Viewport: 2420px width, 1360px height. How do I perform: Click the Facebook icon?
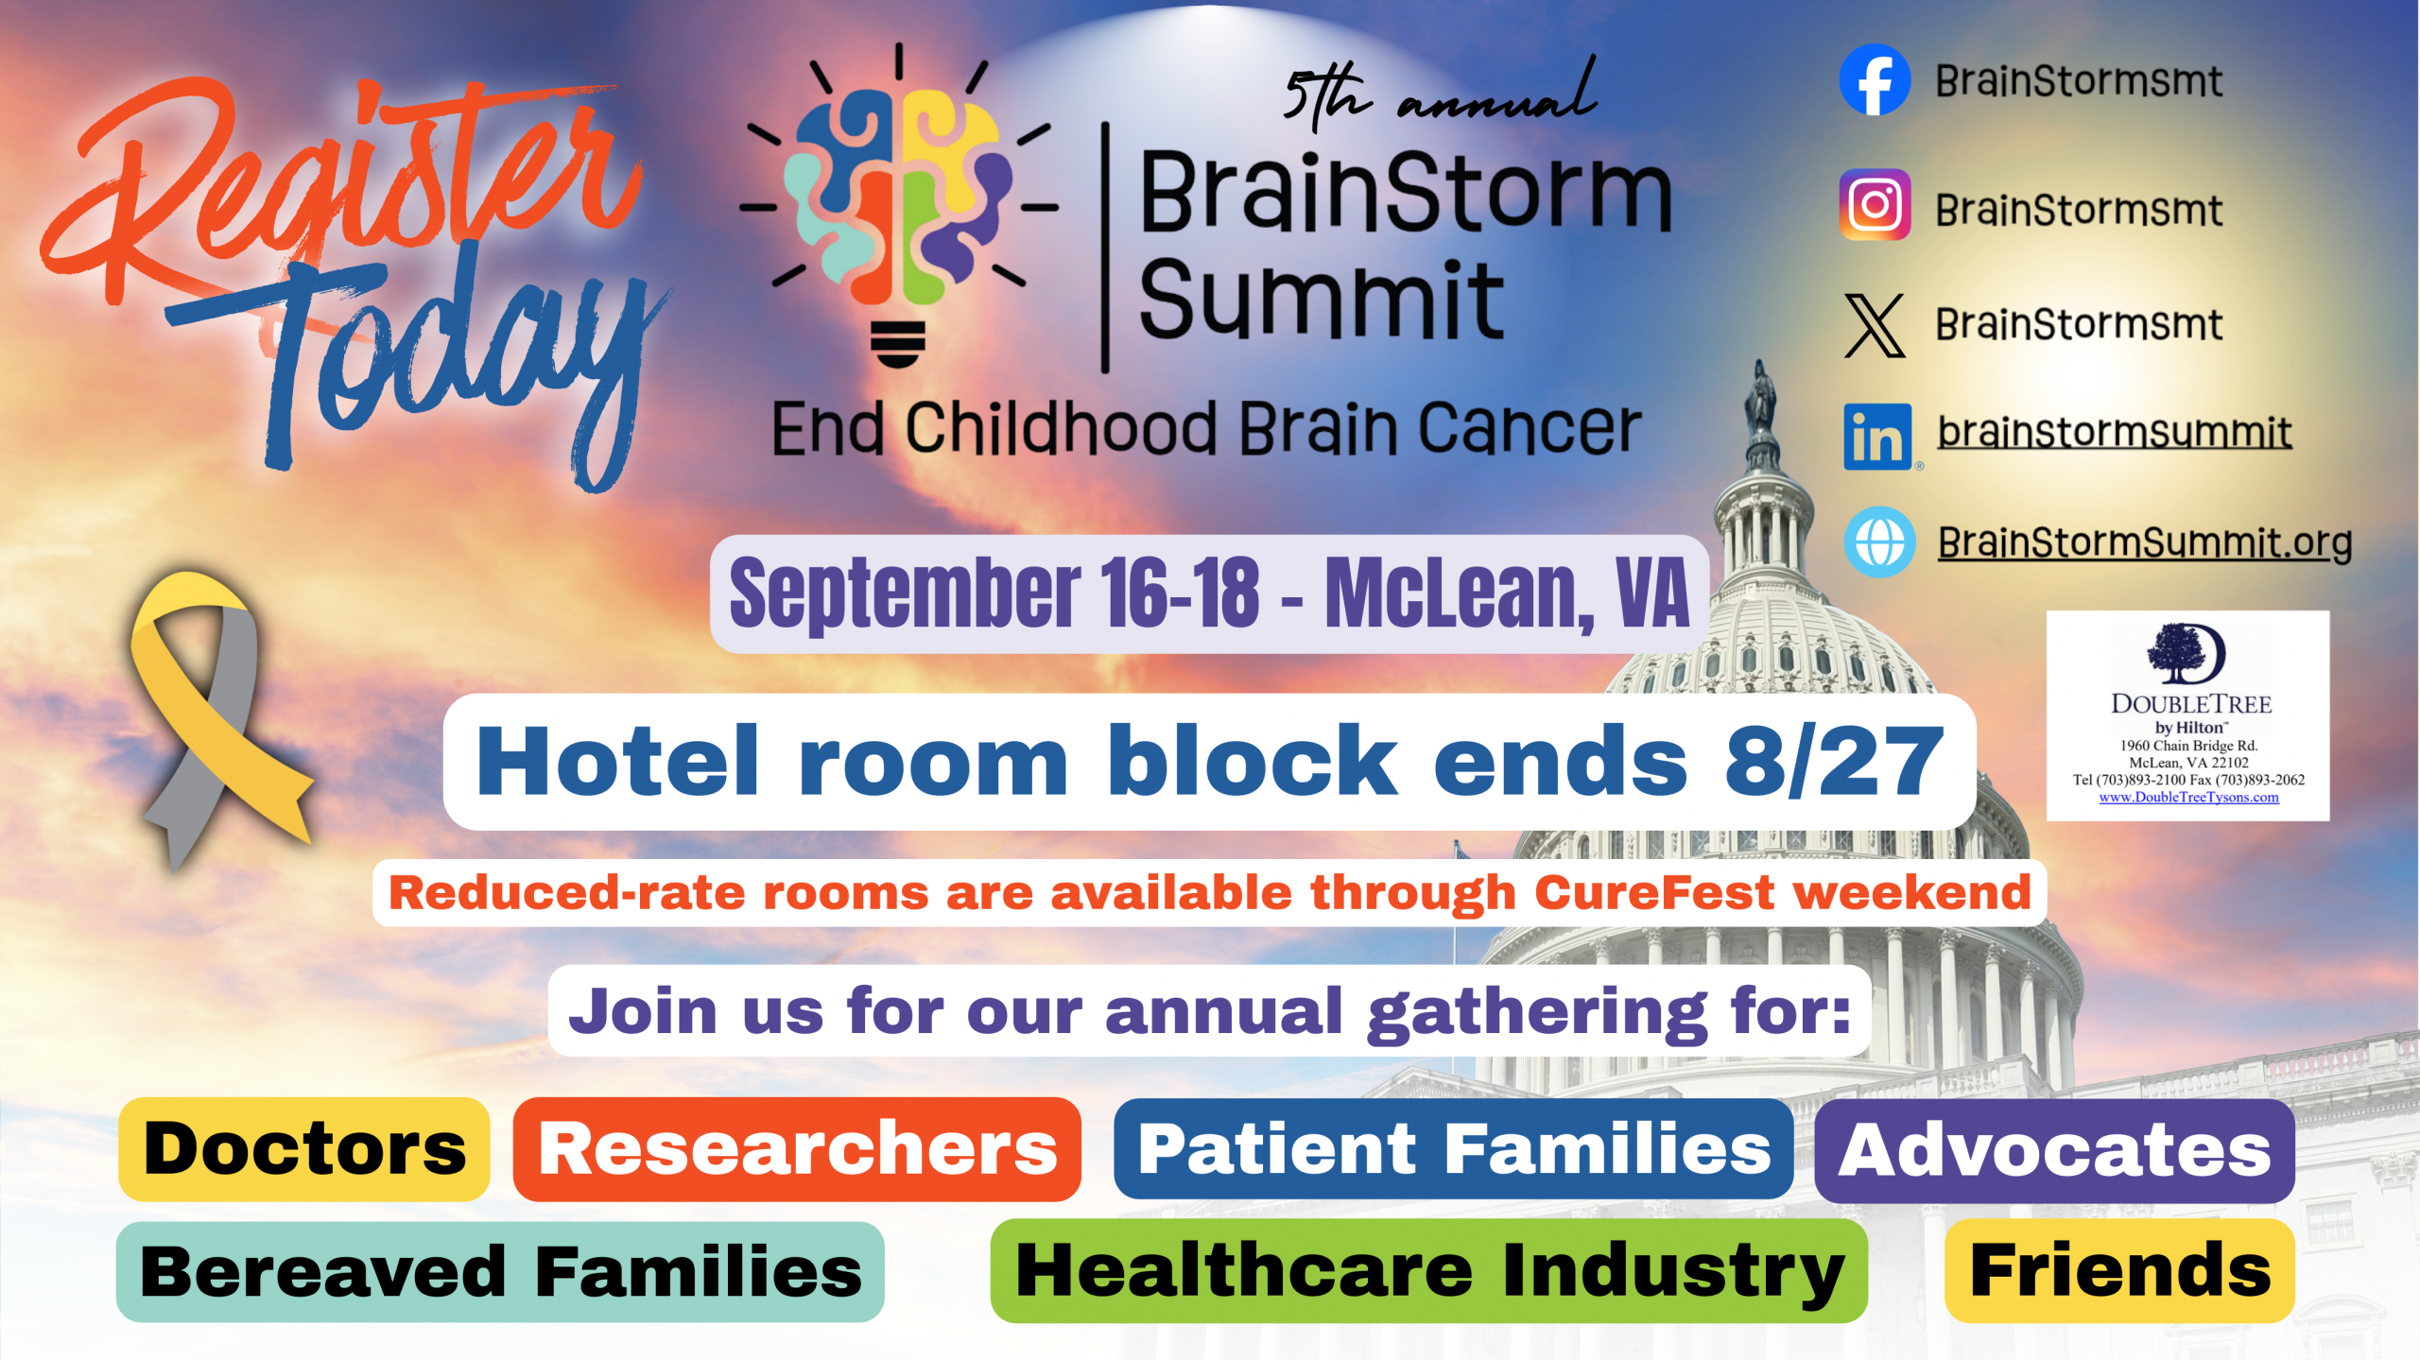coord(1875,80)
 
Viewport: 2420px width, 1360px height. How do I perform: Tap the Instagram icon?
coord(1875,205)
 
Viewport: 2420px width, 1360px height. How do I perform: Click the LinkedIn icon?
coord(1877,437)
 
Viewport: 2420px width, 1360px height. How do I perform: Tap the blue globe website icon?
coord(1879,542)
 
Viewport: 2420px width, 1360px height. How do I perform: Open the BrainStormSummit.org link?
coord(2145,543)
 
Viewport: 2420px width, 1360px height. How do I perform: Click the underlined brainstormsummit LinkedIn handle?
coord(2115,433)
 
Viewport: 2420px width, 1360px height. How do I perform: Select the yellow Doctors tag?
coord(303,1149)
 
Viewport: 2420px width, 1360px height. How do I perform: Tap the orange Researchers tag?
coord(797,1149)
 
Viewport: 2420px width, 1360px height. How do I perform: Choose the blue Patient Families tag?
coord(1453,1149)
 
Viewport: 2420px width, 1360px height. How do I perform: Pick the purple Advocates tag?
coord(2054,1150)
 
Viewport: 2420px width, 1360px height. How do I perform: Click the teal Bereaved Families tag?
coord(500,1271)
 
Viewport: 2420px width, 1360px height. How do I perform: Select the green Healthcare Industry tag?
coord(1428,1270)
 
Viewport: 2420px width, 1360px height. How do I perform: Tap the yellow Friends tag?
coord(2119,1270)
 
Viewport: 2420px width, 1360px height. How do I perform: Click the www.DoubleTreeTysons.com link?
coord(2188,798)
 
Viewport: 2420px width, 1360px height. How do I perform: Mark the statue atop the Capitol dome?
coord(1759,399)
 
